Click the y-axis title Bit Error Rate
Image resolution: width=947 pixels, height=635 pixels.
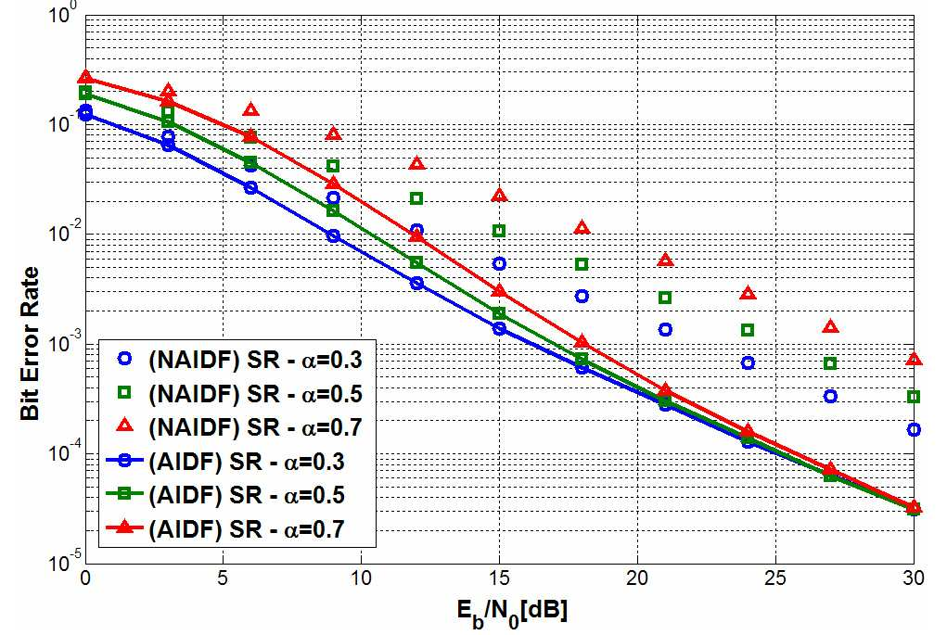pos(30,343)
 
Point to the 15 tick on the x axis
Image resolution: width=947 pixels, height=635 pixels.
pos(499,578)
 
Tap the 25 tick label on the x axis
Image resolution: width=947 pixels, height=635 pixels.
pos(775,578)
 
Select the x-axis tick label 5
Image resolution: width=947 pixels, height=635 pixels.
pos(223,578)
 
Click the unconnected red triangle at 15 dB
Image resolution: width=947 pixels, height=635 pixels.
pos(499,195)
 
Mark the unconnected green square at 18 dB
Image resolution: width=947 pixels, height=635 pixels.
pos(582,264)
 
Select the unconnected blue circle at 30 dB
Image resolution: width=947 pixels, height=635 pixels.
pos(914,430)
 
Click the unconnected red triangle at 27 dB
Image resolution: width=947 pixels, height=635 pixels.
pos(830,326)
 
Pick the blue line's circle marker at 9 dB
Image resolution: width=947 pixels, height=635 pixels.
pos(333,236)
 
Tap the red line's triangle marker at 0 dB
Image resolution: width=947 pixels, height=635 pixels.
pos(85,77)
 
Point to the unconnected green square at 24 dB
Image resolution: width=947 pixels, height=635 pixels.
pos(748,330)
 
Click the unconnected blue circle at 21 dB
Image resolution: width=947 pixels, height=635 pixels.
pos(665,330)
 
